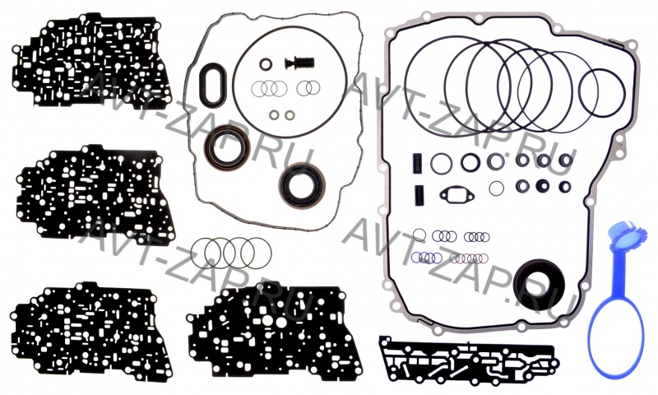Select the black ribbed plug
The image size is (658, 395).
(299, 64)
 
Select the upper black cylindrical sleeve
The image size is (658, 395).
(419, 162)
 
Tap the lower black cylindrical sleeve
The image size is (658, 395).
(419, 195)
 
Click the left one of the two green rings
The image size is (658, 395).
(274, 114)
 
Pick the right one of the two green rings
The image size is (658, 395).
(290, 114)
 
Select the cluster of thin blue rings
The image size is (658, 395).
(427, 258)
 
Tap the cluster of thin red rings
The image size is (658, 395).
(469, 258)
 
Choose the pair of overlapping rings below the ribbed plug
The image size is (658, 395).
(308, 88)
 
